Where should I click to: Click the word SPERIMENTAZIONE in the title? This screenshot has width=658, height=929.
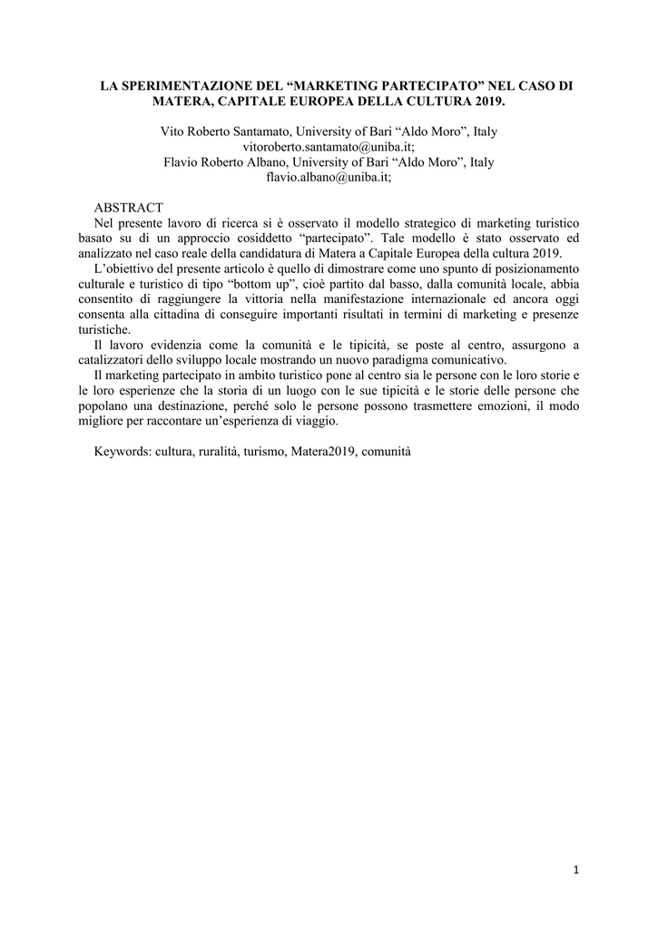pyautogui.click(x=182, y=85)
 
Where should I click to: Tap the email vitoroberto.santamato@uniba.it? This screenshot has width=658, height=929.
pyautogui.click(x=329, y=147)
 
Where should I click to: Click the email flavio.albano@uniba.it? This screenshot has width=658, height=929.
pyautogui.click(x=329, y=178)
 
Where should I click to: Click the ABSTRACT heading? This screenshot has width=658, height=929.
pyautogui.click(x=129, y=208)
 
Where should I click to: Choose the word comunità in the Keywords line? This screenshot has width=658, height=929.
pyautogui.click(x=387, y=451)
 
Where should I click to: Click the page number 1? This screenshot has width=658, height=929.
pyautogui.click(x=575, y=871)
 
